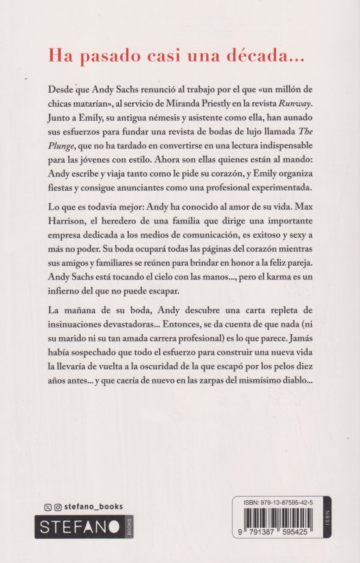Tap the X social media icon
click(x=48, y=507)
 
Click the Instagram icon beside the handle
click(x=58, y=507)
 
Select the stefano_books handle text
click(x=94, y=507)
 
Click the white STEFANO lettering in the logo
click(x=80, y=527)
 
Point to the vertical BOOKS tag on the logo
click(x=129, y=527)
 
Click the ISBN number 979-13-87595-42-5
click(x=278, y=502)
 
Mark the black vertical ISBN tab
click(x=327, y=517)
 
